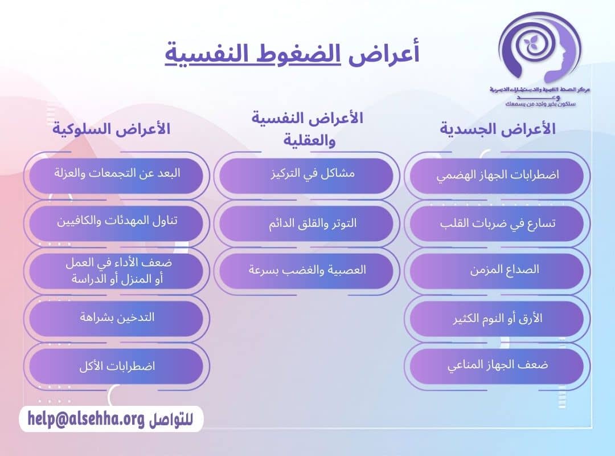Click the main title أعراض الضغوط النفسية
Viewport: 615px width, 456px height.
pos(292,54)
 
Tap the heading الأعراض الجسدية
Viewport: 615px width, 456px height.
pos(498,129)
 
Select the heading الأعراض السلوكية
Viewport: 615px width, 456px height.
pos(112,129)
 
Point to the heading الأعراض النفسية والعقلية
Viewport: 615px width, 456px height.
pos(307,129)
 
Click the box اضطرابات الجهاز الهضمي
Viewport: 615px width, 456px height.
pos(497,176)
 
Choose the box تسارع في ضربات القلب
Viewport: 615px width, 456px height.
pos(497,223)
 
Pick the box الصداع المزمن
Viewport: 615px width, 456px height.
pos(497,270)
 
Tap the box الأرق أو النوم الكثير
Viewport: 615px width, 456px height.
pos(497,318)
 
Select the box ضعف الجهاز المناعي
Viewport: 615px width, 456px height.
pos(497,365)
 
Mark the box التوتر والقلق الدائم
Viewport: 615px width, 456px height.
pos(306,223)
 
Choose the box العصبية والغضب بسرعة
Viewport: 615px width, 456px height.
pos(306,270)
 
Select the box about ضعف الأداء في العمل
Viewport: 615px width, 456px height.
pos(116,270)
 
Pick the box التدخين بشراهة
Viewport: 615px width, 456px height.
pos(116,318)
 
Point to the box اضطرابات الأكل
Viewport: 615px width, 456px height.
pos(116,365)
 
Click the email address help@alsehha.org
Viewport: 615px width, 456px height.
pos(86,419)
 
